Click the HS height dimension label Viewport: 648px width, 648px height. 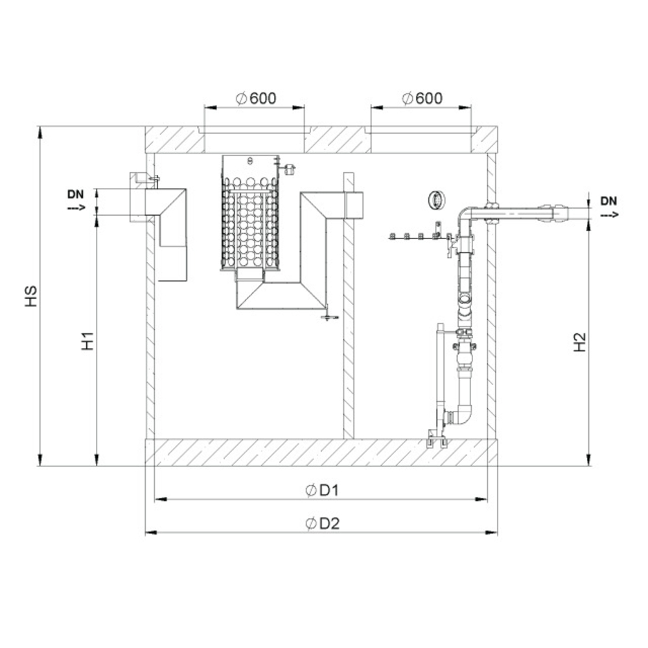point(30,296)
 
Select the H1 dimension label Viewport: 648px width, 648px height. point(87,341)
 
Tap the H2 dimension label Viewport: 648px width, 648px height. point(580,342)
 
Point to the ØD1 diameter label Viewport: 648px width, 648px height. point(322,491)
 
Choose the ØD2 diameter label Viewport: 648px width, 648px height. point(322,524)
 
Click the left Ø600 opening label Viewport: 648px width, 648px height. point(256,98)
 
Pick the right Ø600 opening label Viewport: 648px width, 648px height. point(422,98)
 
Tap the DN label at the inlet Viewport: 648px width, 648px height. point(76,194)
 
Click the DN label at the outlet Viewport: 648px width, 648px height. point(608,202)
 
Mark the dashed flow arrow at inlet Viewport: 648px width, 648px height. point(76,207)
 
